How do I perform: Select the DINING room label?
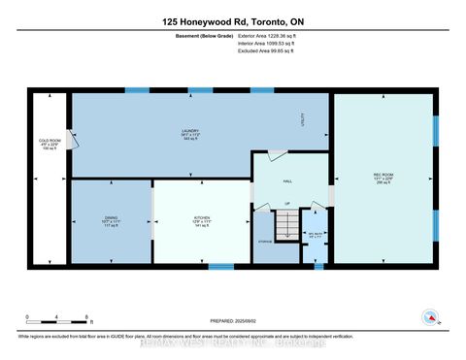(x=111, y=221)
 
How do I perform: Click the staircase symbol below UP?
(x=286, y=227)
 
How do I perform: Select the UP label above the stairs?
(x=286, y=204)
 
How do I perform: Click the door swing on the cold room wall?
(x=70, y=138)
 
